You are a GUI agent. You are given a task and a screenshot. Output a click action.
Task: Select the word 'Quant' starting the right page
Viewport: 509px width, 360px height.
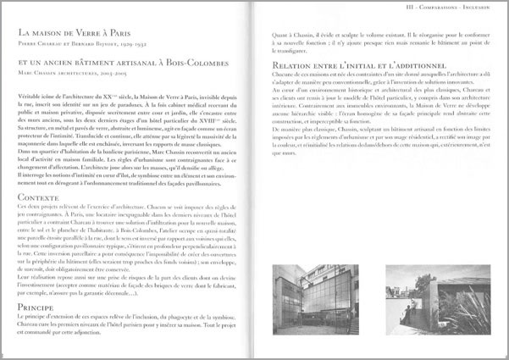279,33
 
